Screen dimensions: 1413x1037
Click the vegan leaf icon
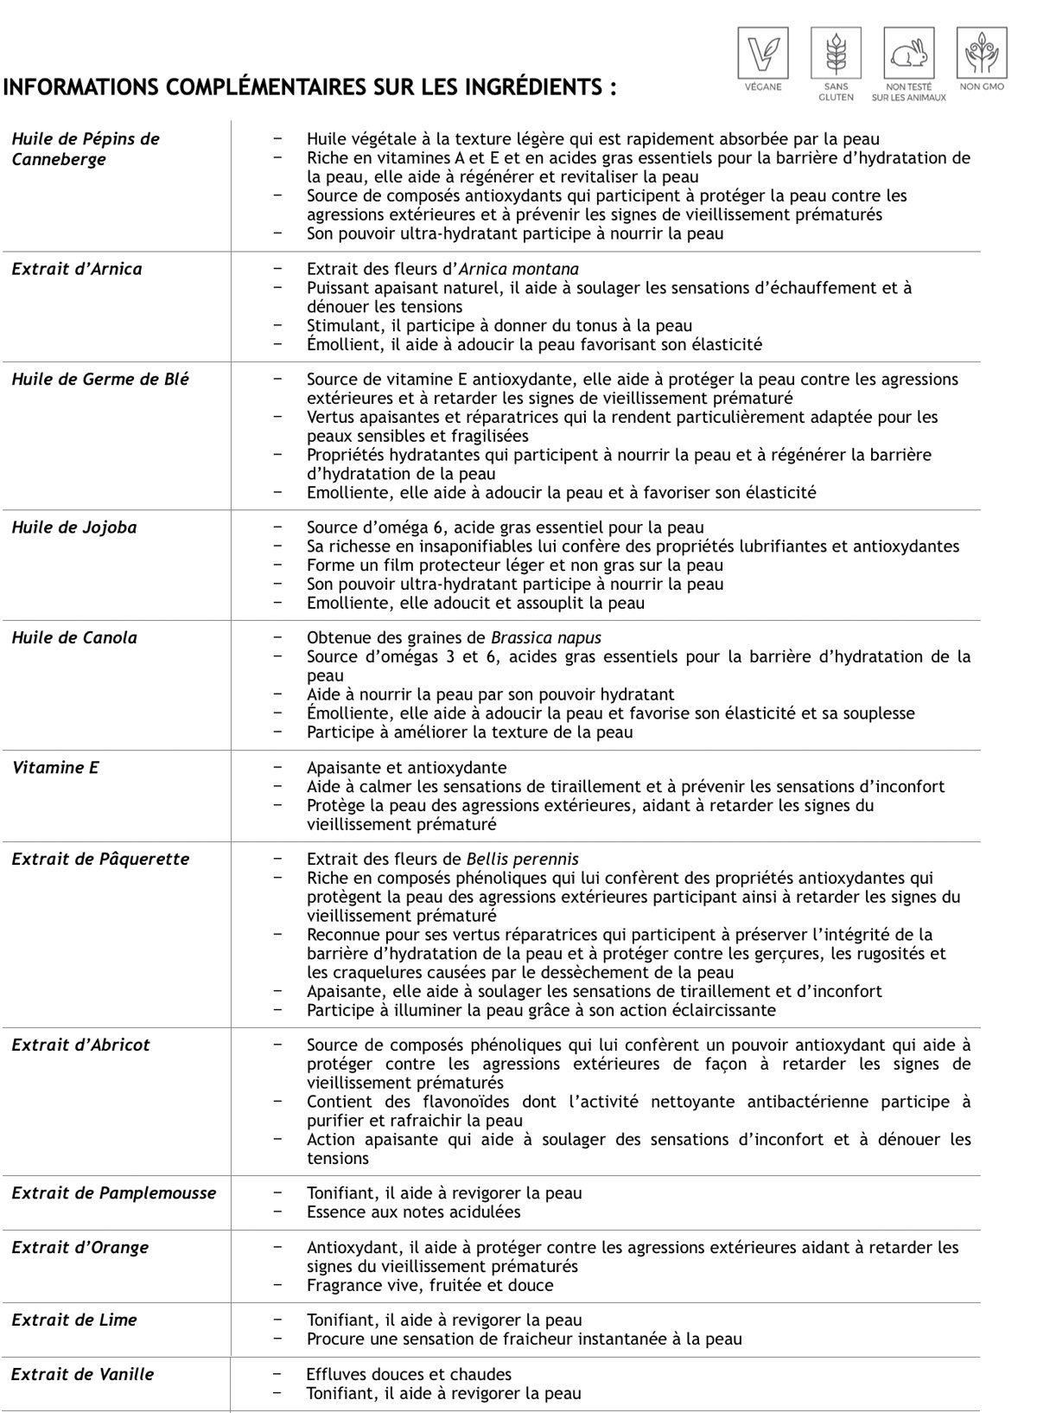coord(762,53)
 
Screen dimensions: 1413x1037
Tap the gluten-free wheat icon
coord(835,53)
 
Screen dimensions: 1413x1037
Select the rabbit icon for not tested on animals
coord(908,53)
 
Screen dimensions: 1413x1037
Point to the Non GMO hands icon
coord(982,53)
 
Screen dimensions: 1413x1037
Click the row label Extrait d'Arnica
coord(77,269)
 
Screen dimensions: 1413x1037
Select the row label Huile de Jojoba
coord(74,527)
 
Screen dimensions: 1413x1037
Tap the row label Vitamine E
coord(55,768)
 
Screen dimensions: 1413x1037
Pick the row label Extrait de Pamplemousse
coord(114,1193)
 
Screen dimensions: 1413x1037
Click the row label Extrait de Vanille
coord(83,1374)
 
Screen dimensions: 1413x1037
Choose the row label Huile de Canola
coord(74,638)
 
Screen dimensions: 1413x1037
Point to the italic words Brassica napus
coord(546,638)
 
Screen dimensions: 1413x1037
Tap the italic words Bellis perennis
coord(522,860)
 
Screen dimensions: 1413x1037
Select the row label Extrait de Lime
coord(74,1320)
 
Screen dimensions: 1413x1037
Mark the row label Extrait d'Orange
coord(80,1248)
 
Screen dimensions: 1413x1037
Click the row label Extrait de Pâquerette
coord(100,860)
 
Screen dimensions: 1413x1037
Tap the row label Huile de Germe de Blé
coord(100,380)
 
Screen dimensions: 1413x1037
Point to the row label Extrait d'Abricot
coord(80,1045)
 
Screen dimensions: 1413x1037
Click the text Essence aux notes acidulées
coord(414,1212)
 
